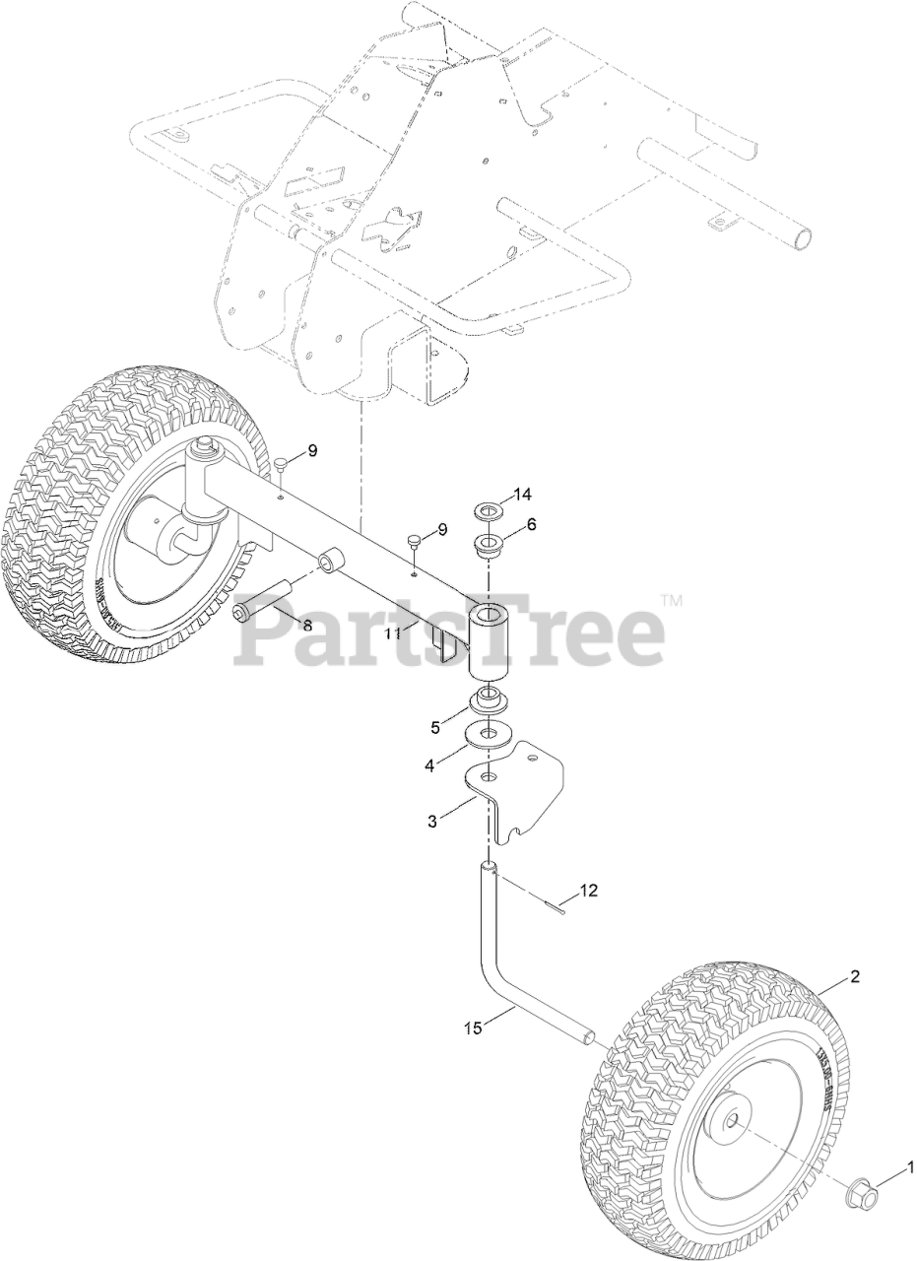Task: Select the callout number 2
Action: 855,977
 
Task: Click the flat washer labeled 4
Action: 488,734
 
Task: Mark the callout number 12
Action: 588,891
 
